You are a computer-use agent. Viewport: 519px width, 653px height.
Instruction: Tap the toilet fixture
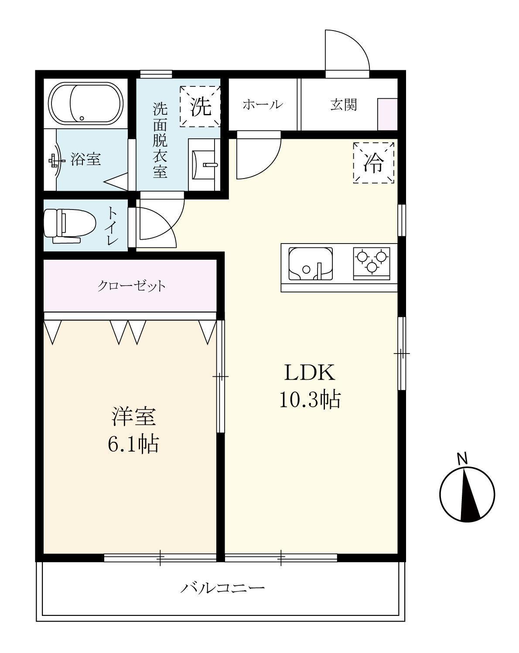tap(70, 225)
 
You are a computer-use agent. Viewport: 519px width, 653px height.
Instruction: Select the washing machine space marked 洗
tap(200, 107)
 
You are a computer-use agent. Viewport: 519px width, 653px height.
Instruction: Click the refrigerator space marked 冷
tap(373, 163)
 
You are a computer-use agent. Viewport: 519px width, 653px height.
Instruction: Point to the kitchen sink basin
tap(311, 264)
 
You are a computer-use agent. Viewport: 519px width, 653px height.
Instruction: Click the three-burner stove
tap(371, 261)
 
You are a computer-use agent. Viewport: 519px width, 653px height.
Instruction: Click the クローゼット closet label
tap(131, 286)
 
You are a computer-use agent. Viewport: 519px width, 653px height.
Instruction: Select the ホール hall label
tap(262, 105)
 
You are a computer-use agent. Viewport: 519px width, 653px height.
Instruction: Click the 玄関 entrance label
tap(343, 105)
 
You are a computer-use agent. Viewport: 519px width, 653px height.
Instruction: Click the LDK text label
tap(310, 373)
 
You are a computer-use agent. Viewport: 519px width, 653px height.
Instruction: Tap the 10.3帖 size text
tap(310, 399)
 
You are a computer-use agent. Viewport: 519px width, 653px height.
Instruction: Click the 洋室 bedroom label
tap(133, 417)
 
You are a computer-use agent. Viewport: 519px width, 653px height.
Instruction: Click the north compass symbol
tap(467, 495)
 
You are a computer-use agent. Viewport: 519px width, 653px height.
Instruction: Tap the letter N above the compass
tap(462, 459)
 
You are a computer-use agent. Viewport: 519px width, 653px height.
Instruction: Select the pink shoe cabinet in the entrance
tap(387, 114)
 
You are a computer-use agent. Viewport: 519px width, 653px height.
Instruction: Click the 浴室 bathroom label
tap(86, 159)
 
